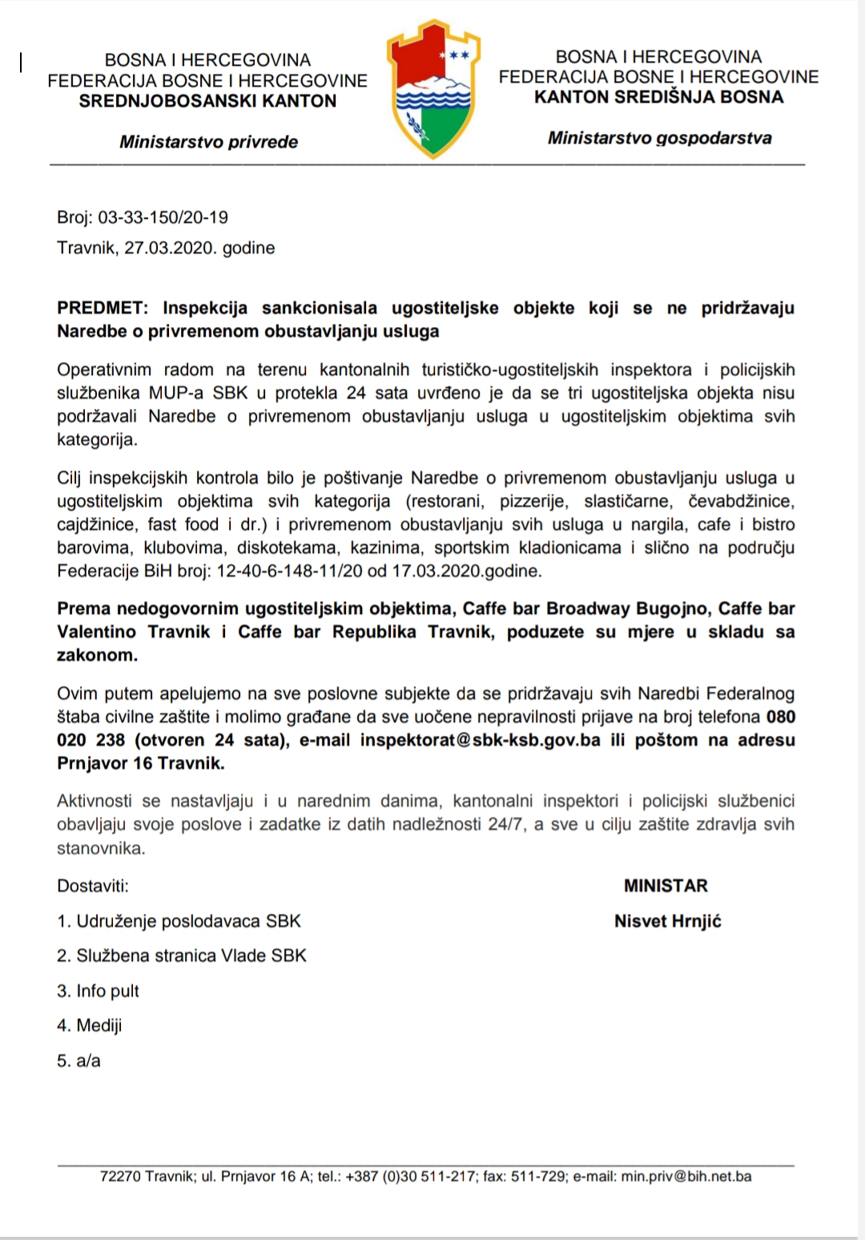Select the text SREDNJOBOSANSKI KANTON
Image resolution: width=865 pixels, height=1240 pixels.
207,101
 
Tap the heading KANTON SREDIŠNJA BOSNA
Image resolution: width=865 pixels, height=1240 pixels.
658,98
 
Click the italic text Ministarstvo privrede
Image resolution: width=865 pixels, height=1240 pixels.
208,142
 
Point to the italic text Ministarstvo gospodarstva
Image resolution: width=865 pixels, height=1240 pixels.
659,138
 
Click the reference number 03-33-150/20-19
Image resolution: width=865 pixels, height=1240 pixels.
163,217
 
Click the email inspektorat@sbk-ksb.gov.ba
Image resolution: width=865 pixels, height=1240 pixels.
480,740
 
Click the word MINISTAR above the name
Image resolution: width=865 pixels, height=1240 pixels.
666,886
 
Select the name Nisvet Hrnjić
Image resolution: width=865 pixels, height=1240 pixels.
667,921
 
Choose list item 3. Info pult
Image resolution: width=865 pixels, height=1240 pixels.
98,991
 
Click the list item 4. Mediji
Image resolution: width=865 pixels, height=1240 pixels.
90,1025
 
